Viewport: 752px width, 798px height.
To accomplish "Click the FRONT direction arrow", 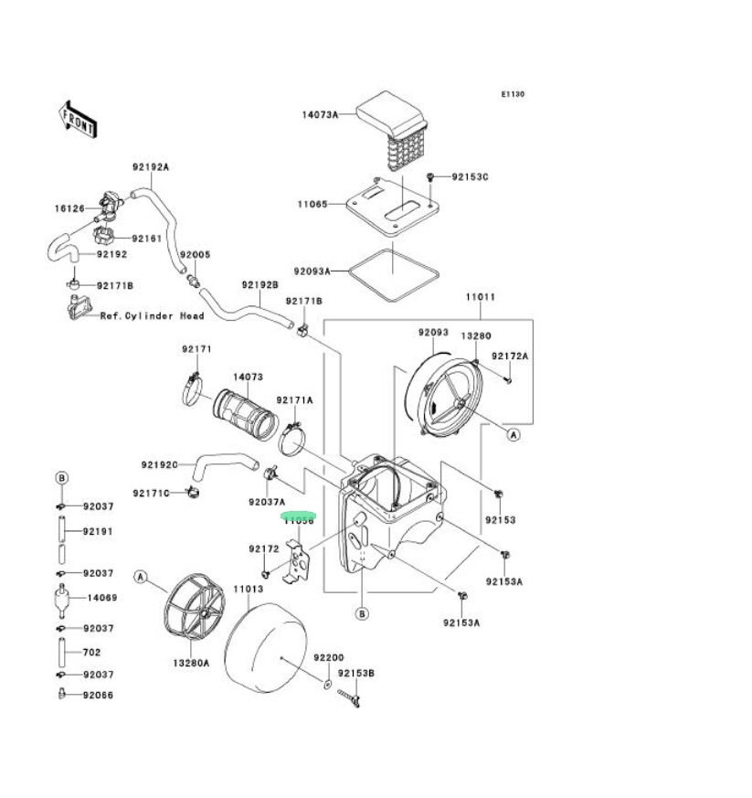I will click(x=79, y=119).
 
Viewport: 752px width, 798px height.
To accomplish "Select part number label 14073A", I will click(x=320, y=114).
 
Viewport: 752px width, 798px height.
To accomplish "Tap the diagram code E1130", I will click(x=512, y=94).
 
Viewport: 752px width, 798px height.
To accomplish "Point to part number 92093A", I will click(x=312, y=271).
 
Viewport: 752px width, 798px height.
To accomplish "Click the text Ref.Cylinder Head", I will click(x=152, y=316).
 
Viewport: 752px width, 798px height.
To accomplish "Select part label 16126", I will click(x=69, y=208).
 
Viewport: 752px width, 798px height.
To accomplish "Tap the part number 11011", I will click(x=480, y=297).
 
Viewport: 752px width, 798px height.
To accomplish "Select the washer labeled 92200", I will click(x=326, y=684).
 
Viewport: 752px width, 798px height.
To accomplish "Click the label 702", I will click(x=91, y=653).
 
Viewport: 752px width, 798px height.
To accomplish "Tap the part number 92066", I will click(x=97, y=695).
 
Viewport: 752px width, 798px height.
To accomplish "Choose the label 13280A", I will click(x=193, y=663).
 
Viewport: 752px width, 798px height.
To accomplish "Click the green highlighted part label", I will click(x=298, y=518).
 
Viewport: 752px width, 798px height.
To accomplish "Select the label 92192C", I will click(x=159, y=464).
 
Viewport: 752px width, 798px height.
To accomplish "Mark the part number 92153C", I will click(x=470, y=176).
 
